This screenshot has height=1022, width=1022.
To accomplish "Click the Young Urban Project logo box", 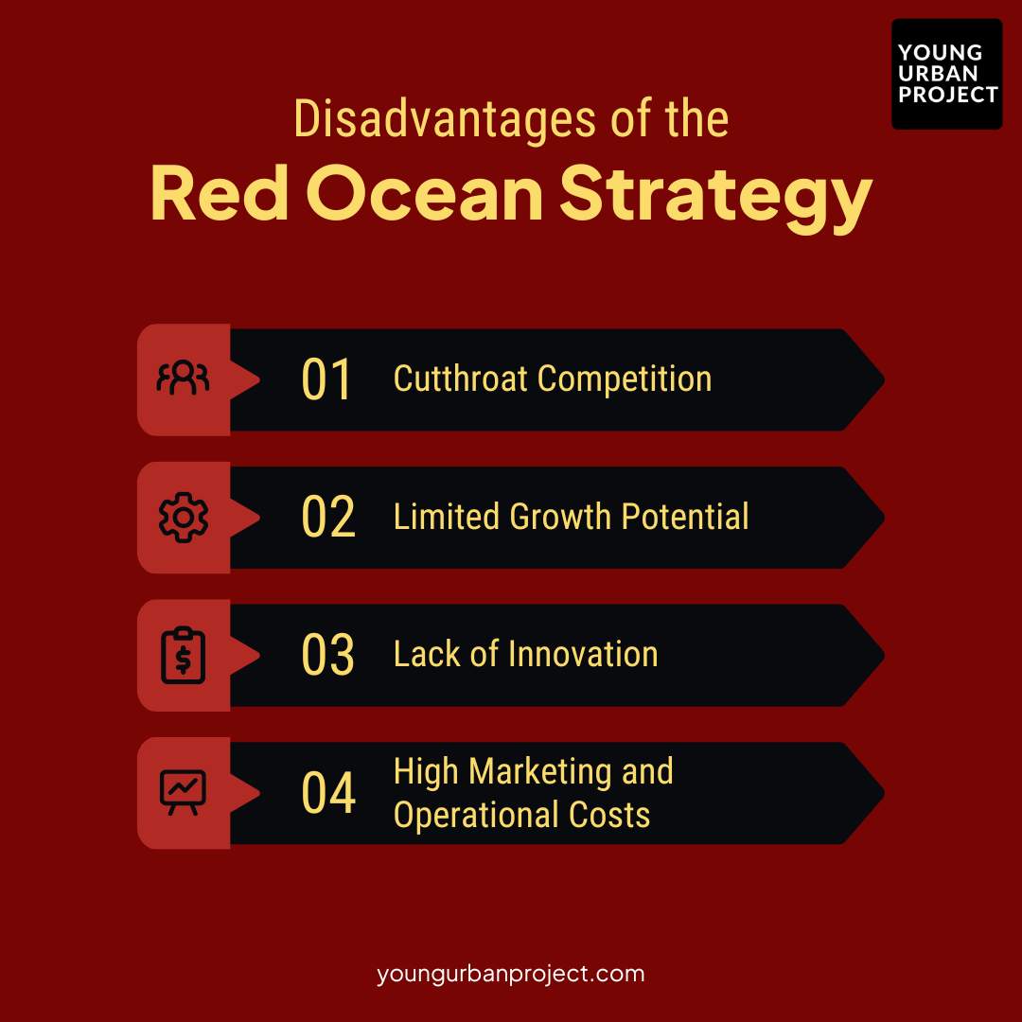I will pos(946,74).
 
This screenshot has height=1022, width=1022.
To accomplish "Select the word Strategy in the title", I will pos(714,198).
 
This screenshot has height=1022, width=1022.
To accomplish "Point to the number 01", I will pos(326,379).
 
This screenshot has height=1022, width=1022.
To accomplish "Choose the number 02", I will pos(327,518).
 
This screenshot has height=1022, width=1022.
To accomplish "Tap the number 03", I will pos(327,655).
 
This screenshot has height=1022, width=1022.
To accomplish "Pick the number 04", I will pos(328,793).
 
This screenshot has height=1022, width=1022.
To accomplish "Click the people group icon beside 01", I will pos(183,379).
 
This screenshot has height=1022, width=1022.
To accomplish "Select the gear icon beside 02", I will pos(183,518).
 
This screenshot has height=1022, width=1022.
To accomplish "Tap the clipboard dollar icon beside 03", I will pos(183,655).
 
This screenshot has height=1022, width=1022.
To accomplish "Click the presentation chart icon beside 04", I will pos(183,793).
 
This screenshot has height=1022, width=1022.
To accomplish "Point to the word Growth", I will pos(560,518).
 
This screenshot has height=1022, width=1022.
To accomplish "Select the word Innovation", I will pos(583,655).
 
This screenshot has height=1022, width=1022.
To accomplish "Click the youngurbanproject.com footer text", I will pos(510,973).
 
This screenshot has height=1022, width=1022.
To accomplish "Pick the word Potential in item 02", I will pos(685,518).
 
